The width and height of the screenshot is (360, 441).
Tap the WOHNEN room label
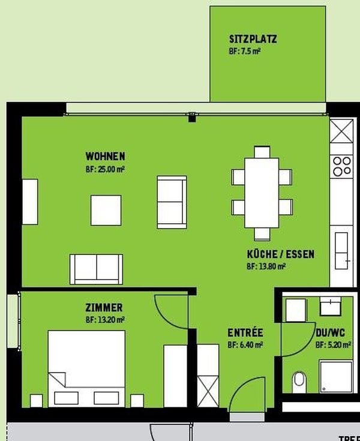105,157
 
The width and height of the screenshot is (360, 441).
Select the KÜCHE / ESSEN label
280,254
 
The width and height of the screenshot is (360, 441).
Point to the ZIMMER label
104,308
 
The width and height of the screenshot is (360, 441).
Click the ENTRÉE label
245,333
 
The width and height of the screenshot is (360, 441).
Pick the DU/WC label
331,333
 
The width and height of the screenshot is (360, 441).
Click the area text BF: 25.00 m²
105,170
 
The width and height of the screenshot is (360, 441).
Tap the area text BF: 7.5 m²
244,52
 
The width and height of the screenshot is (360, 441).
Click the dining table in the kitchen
262,191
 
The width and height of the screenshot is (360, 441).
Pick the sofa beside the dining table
172,202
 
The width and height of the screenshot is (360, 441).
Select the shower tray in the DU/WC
336,376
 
